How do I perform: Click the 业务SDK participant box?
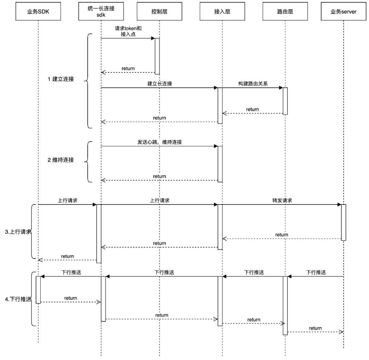point(38,11)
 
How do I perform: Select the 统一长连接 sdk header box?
point(101,11)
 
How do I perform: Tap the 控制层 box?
point(159,11)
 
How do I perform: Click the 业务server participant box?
point(343,11)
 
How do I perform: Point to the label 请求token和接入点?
point(128,32)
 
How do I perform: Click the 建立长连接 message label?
point(160,83)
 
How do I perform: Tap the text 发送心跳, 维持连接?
point(160,142)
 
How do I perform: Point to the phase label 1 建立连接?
point(61,79)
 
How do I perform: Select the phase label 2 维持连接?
point(61,160)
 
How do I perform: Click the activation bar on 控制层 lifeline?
point(157,56)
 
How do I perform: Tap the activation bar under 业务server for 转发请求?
point(343,222)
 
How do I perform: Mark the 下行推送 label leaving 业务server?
point(316,272)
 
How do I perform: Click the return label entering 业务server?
point(315,328)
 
